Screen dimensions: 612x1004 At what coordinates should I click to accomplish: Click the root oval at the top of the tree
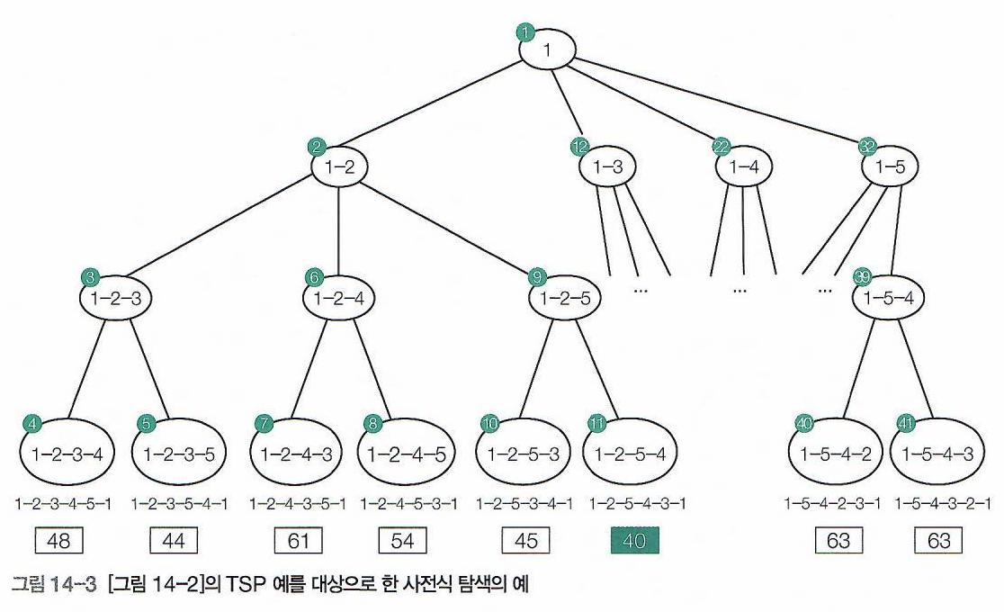pos(547,49)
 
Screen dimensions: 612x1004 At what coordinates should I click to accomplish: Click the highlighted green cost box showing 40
pos(635,541)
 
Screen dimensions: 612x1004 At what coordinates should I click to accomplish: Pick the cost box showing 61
pos(298,541)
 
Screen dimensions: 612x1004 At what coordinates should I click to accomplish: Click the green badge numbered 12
pos(578,146)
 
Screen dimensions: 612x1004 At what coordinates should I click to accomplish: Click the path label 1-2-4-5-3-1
pos(409,503)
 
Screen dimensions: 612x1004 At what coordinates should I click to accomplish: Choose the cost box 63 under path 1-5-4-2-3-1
pos(838,541)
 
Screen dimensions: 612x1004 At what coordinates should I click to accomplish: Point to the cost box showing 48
pos(58,541)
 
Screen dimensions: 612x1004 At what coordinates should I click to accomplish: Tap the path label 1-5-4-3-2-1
pos(943,503)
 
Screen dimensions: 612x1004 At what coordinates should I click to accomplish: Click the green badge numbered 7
pos(264,421)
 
